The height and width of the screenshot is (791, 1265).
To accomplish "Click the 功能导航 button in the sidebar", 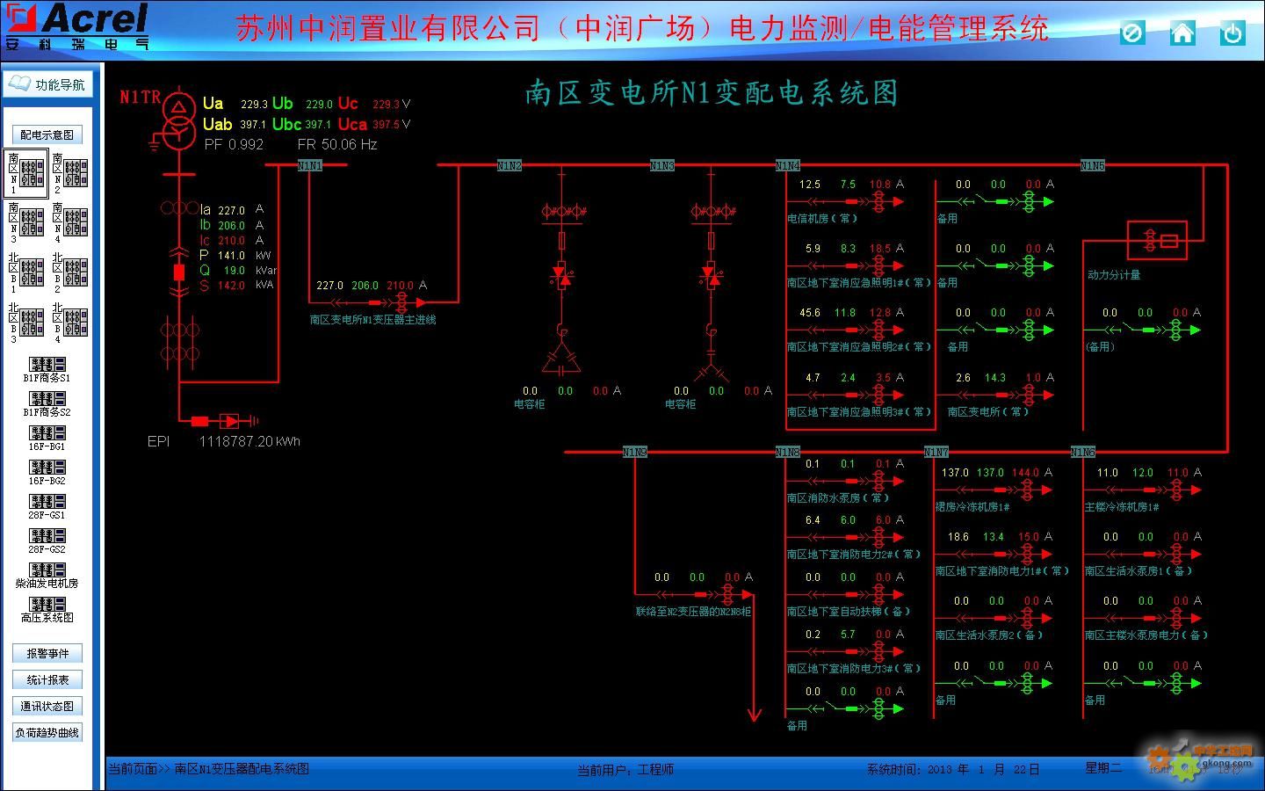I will [47, 84].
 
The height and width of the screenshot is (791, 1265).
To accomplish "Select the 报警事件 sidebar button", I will [47, 653].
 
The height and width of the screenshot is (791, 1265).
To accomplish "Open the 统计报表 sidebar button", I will [47, 679].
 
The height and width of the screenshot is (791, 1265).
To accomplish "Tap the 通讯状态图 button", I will [47, 706].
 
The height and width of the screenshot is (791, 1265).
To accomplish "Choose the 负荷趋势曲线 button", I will [47, 732].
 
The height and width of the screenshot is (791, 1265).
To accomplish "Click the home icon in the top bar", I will [1182, 33].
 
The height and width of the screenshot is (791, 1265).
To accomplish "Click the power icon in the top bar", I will [1232, 33].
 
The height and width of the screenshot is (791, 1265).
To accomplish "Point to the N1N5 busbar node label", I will [1092, 165].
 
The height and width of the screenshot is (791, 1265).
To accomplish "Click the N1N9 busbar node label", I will [634, 452].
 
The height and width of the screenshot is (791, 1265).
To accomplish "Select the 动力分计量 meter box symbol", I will [1157, 240].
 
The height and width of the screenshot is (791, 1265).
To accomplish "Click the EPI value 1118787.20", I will [249, 441].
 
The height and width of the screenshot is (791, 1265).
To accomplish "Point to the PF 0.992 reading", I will [234, 144].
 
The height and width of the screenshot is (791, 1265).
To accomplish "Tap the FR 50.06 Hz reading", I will [337, 144].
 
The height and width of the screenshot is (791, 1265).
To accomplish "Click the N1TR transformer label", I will [141, 97].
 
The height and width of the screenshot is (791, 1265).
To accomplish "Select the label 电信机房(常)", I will [821, 218].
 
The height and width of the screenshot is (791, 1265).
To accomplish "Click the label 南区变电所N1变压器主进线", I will [372, 320].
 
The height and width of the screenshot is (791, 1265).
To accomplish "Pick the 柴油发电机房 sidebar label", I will [47, 583].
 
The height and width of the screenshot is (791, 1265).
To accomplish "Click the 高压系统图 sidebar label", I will [47, 617].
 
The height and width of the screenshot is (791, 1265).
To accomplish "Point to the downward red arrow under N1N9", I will [754, 712].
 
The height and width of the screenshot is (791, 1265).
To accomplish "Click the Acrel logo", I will [77, 25].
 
